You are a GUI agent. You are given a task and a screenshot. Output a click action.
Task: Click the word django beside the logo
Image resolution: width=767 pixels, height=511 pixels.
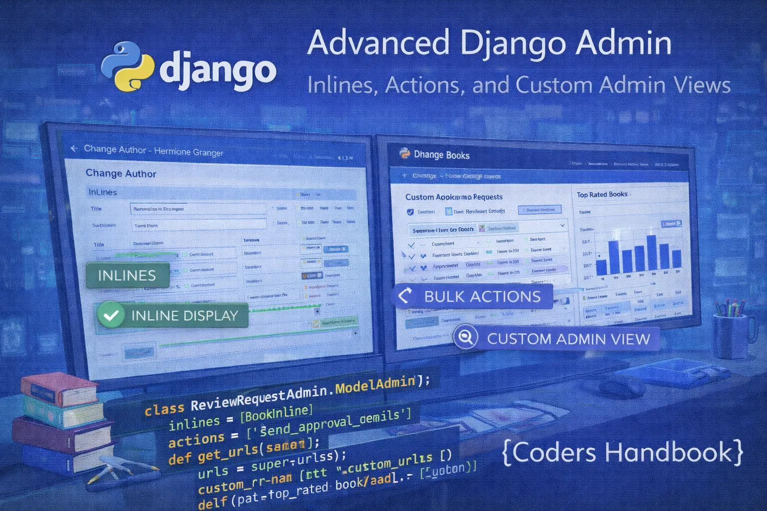(x=218, y=71)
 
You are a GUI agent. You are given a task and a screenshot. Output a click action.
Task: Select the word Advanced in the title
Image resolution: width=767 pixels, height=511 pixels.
(x=378, y=43)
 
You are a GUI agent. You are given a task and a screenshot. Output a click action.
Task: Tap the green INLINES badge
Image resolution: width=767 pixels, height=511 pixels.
(x=127, y=275)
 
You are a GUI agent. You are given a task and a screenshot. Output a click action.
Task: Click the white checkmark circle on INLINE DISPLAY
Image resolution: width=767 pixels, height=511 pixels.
(x=111, y=315)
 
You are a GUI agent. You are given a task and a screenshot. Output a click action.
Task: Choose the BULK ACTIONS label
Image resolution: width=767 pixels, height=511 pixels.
(x=482, y=296)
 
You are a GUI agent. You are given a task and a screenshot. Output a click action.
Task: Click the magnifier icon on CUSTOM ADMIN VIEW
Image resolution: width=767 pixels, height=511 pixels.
(x=465, y=337)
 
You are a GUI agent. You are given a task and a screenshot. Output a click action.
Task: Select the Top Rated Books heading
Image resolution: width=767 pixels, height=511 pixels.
(x=602, y=194)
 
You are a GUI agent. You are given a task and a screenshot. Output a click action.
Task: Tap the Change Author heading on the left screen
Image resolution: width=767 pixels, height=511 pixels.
(x=121, y=173)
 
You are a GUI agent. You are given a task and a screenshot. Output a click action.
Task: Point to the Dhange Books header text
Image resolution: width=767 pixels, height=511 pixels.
(x=441, y=155)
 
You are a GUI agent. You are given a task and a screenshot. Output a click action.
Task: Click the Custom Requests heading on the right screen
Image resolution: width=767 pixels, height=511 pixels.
(x=454, y=197)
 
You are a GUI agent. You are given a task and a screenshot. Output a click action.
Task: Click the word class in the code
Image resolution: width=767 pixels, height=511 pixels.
(x=164, y=409)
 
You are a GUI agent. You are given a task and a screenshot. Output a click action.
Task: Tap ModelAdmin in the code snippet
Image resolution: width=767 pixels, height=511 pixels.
(x=375, y=385)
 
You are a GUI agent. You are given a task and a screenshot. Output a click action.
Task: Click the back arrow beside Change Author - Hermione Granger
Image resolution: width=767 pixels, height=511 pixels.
(x=74, y=149)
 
